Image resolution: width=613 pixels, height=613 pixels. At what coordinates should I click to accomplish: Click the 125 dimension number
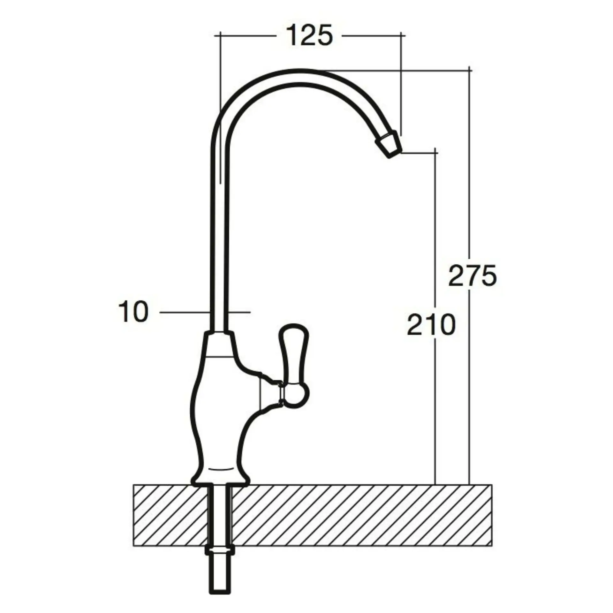tap(309, 35)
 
